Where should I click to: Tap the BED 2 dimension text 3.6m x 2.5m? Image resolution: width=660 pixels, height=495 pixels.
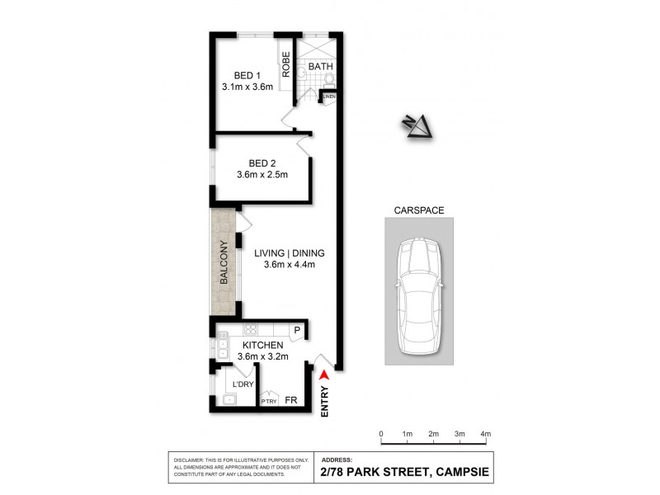pos(257,175)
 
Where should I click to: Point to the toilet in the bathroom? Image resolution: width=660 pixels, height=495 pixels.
pos(329,79)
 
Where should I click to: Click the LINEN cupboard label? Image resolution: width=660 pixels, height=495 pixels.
pos(329,97)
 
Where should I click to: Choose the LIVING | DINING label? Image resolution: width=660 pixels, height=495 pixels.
pos(290,252)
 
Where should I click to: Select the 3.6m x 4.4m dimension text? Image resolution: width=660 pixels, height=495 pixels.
pos(290,265)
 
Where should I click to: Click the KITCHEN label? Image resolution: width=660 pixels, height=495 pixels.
pos(263,345)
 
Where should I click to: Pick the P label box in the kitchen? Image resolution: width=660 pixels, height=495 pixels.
pos(298,331)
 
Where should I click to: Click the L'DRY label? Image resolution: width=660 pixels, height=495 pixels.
pos(243,384)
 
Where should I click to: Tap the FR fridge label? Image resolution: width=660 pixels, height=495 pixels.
pos(290,401)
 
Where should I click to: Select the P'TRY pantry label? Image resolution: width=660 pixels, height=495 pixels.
pos(269,402)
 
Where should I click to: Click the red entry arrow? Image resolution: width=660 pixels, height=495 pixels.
pos(323,376)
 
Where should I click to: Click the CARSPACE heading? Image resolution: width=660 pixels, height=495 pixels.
pos(421,210)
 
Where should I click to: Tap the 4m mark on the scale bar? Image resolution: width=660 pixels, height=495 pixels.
pos(485,434)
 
